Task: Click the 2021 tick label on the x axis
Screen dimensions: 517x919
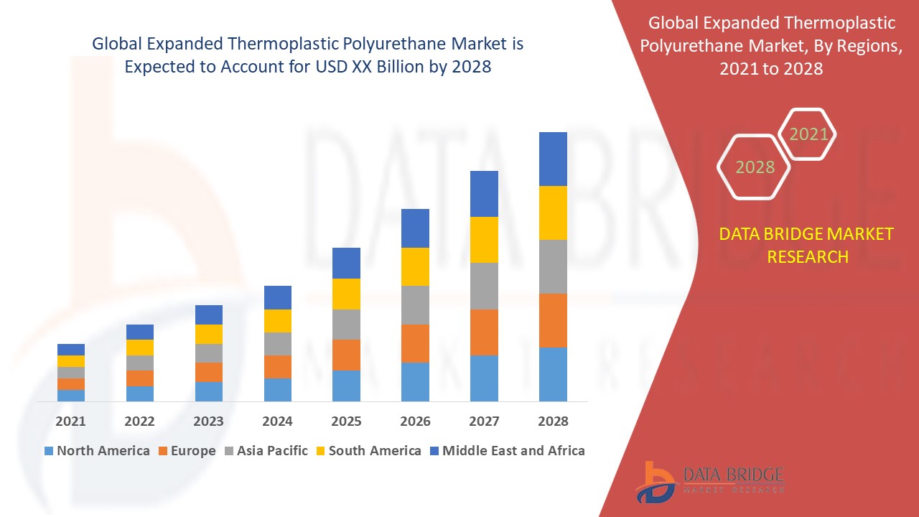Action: click(70, 421)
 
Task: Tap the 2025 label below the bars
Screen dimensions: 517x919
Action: click(346, 421)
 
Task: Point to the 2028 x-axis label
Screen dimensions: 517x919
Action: click(553, 421)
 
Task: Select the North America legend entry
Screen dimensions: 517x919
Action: click(97, 451)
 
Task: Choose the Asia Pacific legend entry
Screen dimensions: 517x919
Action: click(266, 451)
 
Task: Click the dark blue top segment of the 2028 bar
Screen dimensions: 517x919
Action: click(553, 159)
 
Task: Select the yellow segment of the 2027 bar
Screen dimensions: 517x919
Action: click(484, 240)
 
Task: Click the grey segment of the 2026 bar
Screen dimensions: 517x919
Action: click(415, 305)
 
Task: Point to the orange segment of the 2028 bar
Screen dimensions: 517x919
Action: click(553, 320)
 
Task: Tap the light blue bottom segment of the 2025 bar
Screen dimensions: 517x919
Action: click(346, 386)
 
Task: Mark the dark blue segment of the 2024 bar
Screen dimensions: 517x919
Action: click(277, 297)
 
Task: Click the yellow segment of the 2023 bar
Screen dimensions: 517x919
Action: click(208, 334)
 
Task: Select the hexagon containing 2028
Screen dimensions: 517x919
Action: click(754, 167)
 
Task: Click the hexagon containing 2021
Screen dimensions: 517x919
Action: click(808, 134)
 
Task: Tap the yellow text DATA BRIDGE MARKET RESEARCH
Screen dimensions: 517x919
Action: click(807, 245)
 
